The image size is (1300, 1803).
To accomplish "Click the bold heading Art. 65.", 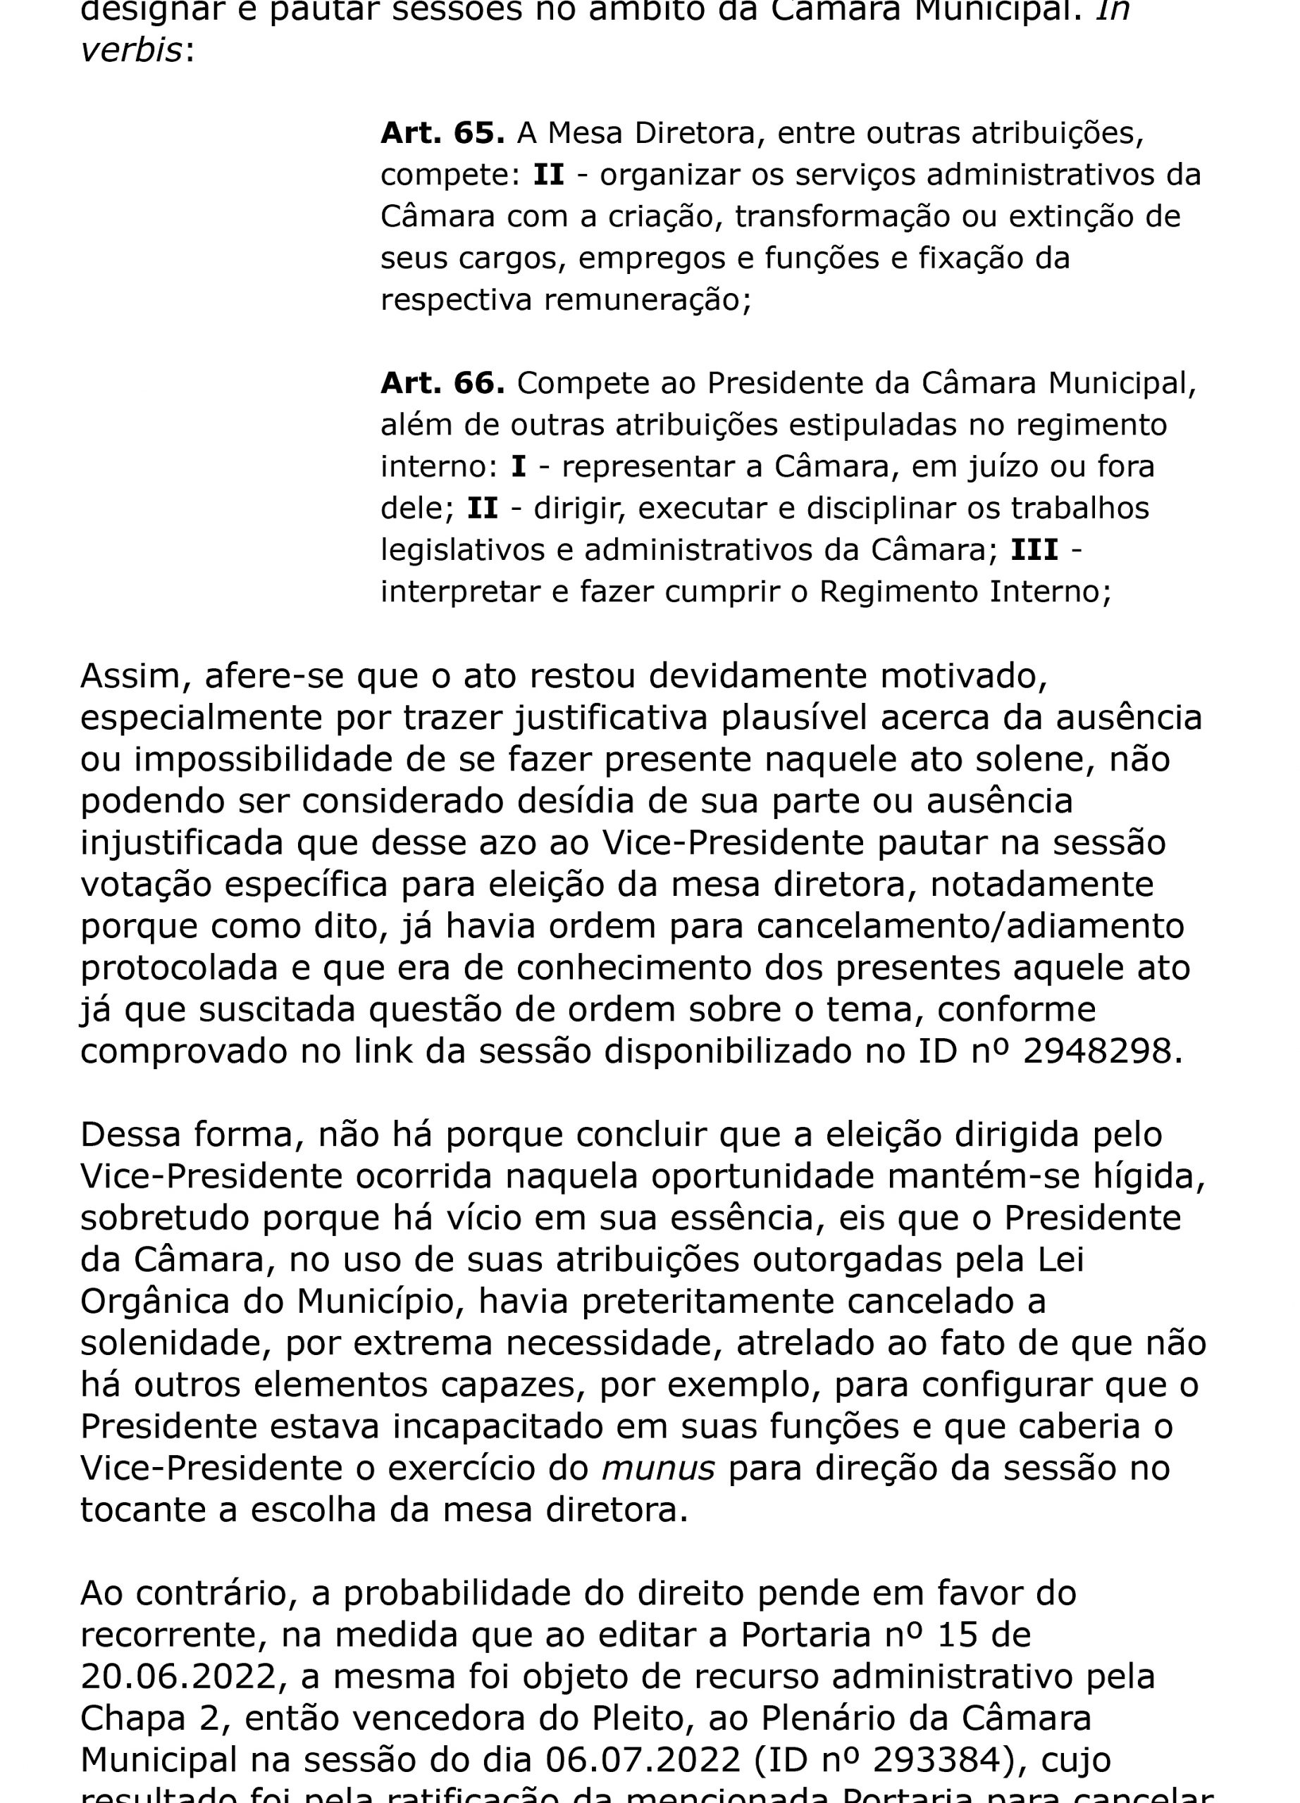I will [442, 133].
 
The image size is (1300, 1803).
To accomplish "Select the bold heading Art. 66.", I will [442, 383].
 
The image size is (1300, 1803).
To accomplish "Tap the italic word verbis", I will [132, 51].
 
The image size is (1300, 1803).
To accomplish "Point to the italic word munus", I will [658, 1468].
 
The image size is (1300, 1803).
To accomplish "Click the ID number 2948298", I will [1096, 1051].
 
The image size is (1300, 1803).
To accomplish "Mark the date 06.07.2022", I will [643, 1760].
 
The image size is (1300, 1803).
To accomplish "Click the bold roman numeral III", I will [1034, 550].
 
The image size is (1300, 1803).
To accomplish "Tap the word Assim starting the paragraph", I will [136, 675].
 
